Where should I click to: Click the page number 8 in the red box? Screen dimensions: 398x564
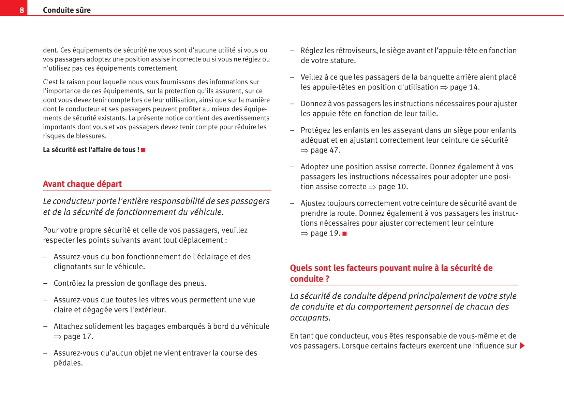(22, 10)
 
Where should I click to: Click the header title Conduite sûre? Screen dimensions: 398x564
(67, 10)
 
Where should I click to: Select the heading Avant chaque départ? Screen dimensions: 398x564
(82, 184)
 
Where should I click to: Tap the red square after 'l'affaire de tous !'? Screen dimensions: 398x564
(143, 150)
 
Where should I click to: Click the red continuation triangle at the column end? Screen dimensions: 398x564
(522, 346)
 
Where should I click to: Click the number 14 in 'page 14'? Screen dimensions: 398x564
(473, 87)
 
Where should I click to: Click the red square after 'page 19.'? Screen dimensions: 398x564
(345, 234)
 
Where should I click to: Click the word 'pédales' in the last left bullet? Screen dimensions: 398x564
(68, 363)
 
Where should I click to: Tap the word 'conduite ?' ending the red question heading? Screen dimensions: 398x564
(310, 279)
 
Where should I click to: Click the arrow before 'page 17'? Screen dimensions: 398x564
(58, 337)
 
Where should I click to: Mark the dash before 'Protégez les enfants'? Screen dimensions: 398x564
(292, 130)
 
